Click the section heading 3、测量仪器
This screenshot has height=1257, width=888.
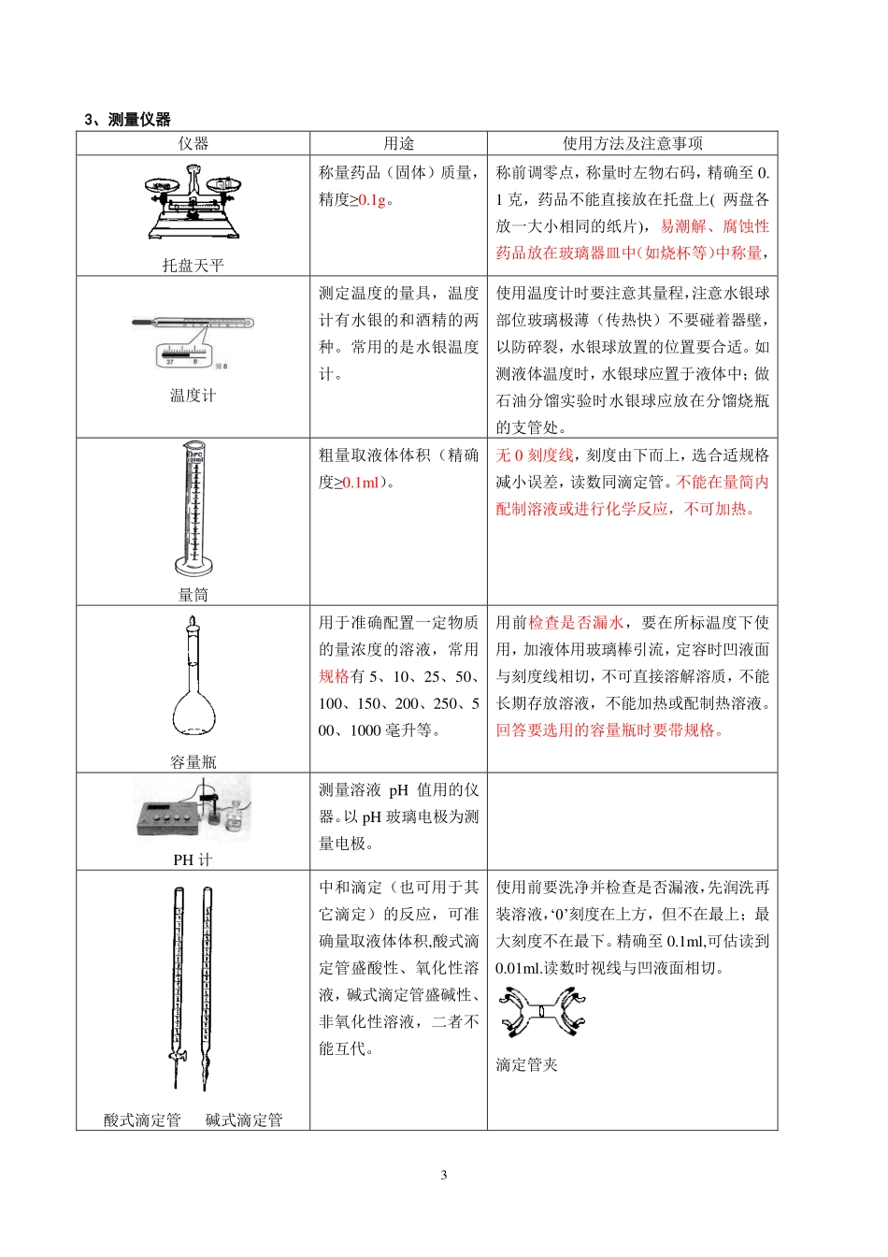(128, 119)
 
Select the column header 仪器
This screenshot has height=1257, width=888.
(193, 143)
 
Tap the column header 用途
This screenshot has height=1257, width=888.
(398, 143)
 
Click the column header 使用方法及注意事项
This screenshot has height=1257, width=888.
(632, 143)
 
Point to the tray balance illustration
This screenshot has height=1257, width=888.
(193, 202)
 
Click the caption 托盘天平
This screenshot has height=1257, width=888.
(193, 266)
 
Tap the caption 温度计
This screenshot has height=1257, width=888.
(193, 396)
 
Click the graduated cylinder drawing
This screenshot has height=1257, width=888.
(194, 510)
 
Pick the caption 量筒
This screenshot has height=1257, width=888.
(193, 595)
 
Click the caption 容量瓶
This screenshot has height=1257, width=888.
(193, 762)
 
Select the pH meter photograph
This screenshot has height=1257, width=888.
(193, 810)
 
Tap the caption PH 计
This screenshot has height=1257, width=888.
(193, 860)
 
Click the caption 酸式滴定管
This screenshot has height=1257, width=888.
(142, 1120)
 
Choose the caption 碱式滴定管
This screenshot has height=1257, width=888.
(244, 1120)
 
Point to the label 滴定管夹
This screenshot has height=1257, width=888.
(526, 1064)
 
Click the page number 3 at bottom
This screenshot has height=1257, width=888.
(444, 1175)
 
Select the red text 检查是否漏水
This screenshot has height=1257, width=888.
(576, 623)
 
